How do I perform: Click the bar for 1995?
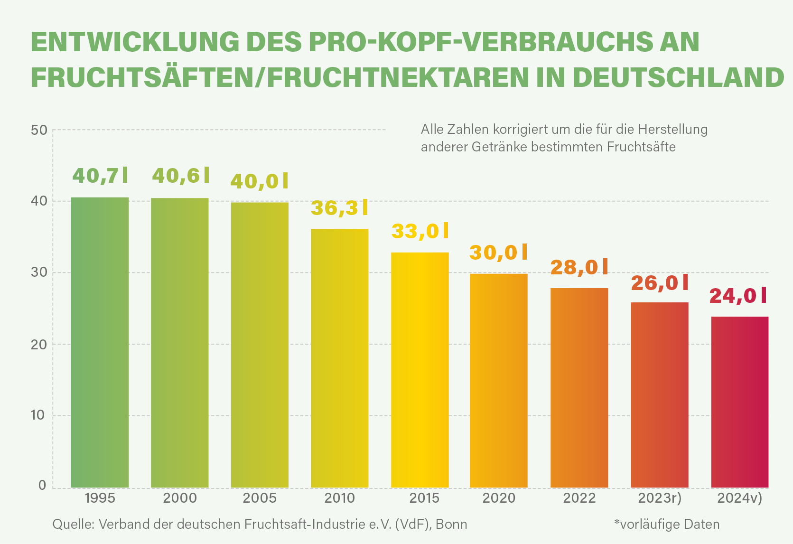[x=100, y=342]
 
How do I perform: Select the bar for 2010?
[x=340, y=358]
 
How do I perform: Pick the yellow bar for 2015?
[x=420, y=370]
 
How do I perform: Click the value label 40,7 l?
[x=100, y=176]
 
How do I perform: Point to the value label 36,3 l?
[x=340, y=208]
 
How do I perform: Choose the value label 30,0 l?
[x=498, y=253]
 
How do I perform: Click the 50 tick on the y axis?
[x=39, y=130]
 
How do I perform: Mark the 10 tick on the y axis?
[x=37, y=415]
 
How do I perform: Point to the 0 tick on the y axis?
[x=42, y=485]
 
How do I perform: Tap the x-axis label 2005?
[x=260, y=498]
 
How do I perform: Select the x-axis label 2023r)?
[x=660, y=498]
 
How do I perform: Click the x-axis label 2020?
[x=499, y=498]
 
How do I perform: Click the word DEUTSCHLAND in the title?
[x=679, y=77]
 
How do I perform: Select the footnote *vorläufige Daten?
[x=667, y=524]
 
